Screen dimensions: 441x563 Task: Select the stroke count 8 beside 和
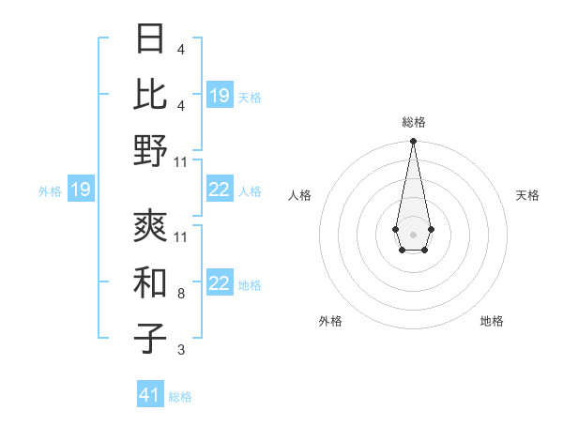pos(181,294)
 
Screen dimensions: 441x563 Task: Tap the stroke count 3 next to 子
pos(181,350)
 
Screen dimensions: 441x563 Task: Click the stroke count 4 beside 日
pos(181,49)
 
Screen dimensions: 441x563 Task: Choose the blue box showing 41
pos(151,395)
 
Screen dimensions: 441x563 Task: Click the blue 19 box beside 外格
pos(81,190)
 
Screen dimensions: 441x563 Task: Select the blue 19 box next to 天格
pos(220,96)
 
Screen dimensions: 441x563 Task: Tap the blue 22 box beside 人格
pos(220,190)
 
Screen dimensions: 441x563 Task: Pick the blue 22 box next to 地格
pos(220,283)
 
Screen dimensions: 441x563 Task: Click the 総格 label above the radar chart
pos(413,122)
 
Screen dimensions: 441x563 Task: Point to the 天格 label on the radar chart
pos(527,195)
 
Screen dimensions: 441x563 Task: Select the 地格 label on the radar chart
pos(492,321)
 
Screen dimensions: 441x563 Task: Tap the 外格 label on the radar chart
pos(330,321)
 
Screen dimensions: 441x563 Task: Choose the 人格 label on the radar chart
pos(299,195)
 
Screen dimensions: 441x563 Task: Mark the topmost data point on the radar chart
pos(413,141)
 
